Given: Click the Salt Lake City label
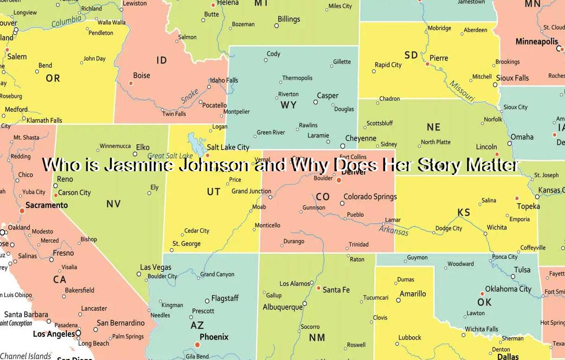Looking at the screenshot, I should click(228, 147).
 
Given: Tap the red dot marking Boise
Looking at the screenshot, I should click(131, 83).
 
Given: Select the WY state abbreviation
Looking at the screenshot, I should click(288, 105).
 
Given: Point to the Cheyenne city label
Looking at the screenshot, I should click(361, 138).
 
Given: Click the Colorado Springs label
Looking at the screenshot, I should click(370, 197).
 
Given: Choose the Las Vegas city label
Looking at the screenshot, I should click(155, 267).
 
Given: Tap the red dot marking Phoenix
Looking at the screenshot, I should click(198, 345).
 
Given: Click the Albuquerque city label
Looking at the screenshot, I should click(282, 307).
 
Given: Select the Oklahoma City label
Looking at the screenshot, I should click(508, 289).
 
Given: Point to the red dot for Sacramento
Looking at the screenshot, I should click(22, 211).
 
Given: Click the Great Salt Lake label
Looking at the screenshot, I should click(170, 156).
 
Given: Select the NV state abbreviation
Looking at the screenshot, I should click(113, 204).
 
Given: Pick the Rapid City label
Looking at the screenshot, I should click(388, 65).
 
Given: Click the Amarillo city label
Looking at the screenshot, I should click(413, 294).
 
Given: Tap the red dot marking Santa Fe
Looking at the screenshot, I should click(319, 288).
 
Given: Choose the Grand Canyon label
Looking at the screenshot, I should click(217, 274).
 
